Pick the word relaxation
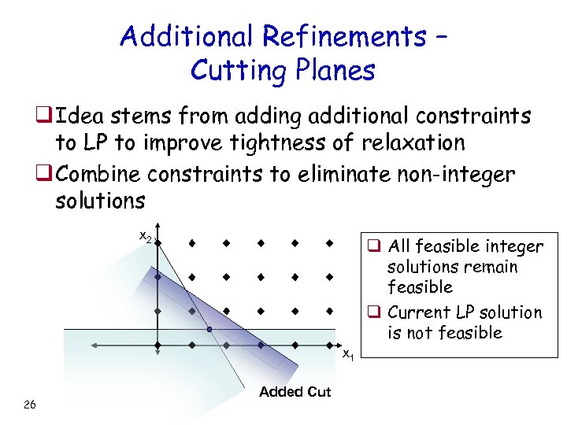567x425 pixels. pyautogui.click(x=416, y=143)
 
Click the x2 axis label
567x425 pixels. pyautogui.click(x=146, y=236)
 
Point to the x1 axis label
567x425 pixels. pyautogui.click(x=347, y=353)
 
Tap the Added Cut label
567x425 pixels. pyautogui.click(x=295, y=392)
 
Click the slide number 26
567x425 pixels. pyautogui.click(x=29, y=405)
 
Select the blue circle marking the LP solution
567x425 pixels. pyautogui.click(x=209, y=329)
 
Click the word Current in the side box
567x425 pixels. pyautogui.click(x=416, y=312)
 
